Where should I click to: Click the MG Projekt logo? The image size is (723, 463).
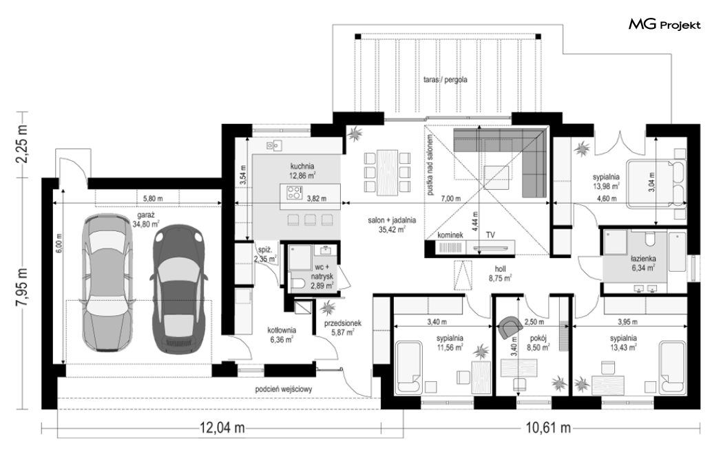pyautogui.click(x=664, y=24)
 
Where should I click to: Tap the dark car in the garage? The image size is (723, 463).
pyautogui.click(x=178, y=290)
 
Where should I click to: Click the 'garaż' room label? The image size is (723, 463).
pyautogui.click(x=146, y=215)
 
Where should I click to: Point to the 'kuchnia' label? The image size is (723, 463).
pyautogui.click(x=302, y=166)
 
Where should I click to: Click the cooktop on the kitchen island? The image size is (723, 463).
pyautogui.click(x=294, y=192)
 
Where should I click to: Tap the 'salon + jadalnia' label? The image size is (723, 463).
pyautogui.click(x=392, y=220)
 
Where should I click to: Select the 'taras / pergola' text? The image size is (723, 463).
pyautogui.click(x=445, y=80)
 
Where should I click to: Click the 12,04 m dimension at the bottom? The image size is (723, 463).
pyautogui.click(x=222, y=428)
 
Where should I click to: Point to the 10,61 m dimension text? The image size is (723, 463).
pyautogui.click(x=548, y=428)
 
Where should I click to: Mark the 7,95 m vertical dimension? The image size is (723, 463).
pyautogui.click(x=22, y=290)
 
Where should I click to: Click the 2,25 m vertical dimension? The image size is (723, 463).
pyautogui.click(x=22, y=143)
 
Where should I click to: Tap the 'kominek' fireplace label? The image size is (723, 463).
pyautogui.click(x=450, y=235)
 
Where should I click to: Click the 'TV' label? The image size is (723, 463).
pyautogui.click(x=490, y=235)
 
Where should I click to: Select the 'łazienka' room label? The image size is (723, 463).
pyautogui.click(x=643, y=259)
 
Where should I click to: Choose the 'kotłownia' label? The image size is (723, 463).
pyautogui.click(x=282, y=330)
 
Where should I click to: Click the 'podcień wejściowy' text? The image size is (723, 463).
pyautogui.click(x=284, y=389)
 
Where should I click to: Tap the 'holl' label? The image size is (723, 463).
pyautogui.click(x=500, y=269)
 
